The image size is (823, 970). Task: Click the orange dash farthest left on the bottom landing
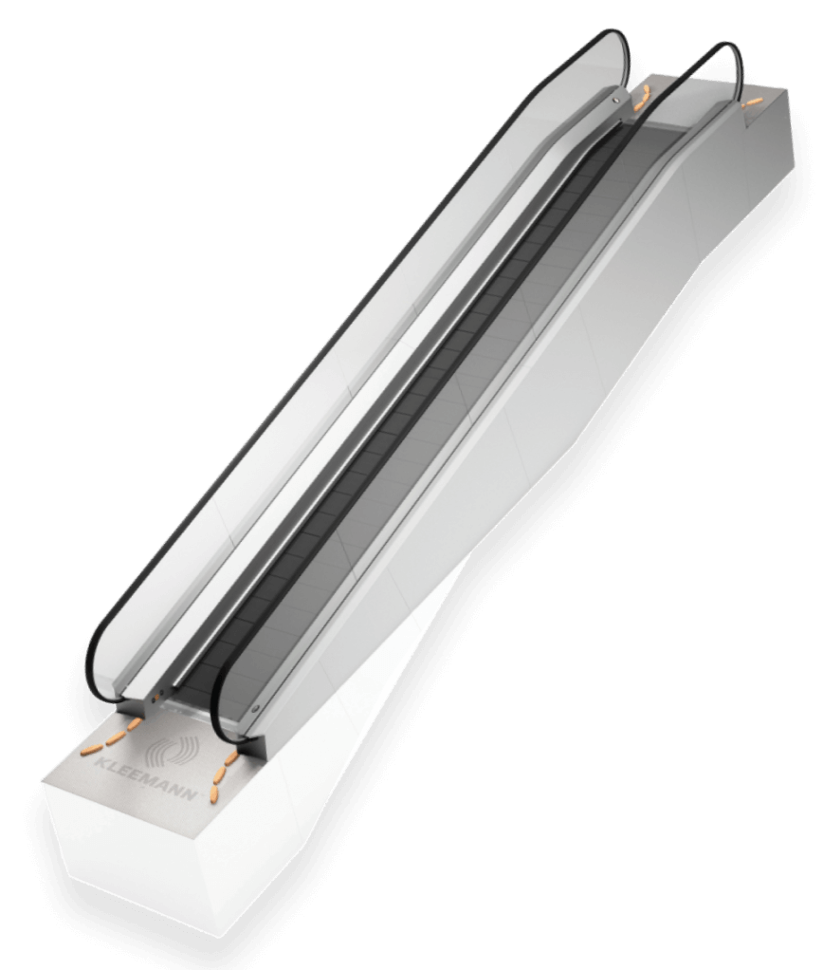[90, 750]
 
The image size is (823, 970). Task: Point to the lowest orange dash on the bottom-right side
[215, 793]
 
